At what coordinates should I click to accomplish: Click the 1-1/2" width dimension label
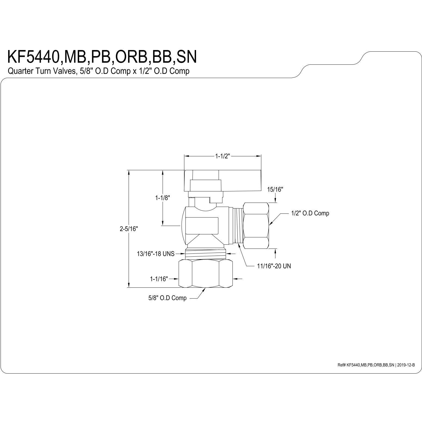coord(223,156)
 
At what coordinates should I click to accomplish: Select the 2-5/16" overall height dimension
coord(129,229)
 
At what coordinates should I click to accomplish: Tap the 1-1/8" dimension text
coord(163,198)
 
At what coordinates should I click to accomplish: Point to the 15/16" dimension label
coord(275,189)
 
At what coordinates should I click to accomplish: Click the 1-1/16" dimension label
coord(159,279)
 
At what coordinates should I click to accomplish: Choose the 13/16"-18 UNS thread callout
coord(156,254)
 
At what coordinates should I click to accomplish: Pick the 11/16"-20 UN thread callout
coord(274,266)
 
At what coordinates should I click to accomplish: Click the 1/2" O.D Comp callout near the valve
coord(310,213)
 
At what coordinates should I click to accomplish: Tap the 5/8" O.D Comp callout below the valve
coord(167,298)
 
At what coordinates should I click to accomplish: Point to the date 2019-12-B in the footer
coord(406,365)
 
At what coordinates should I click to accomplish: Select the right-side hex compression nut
coord(256,225)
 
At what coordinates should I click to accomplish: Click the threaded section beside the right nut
coord(238,226)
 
